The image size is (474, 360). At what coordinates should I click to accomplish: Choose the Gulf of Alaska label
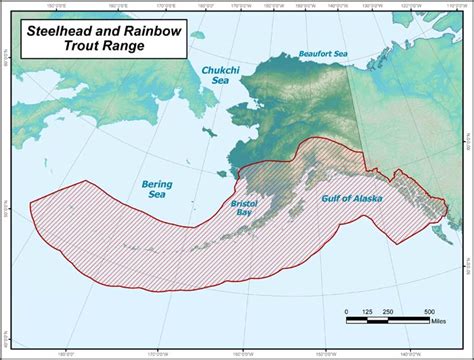[351, 199]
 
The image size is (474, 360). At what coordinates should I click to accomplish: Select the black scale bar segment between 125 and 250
[377, 320]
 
